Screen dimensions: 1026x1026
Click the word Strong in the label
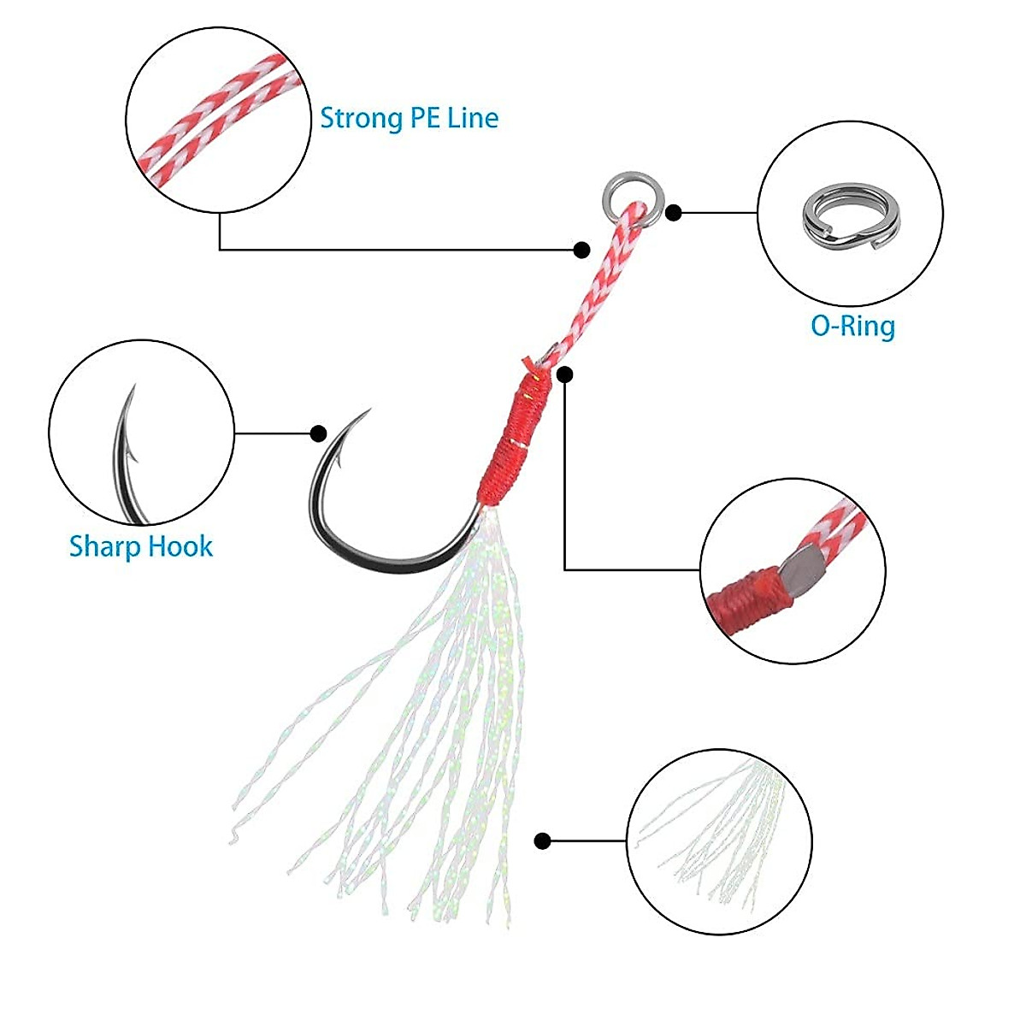(x=355, y=118)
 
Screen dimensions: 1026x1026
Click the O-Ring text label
(x=852, y=326)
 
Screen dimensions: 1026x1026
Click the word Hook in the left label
(x=180, y=546)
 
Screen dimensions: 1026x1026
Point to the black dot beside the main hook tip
(x=318, y=433)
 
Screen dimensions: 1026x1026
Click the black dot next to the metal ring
(x=674, y=212)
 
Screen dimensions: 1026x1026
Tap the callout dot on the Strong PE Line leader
(x=581, y=250)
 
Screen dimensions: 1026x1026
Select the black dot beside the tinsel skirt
(x=541, y=841)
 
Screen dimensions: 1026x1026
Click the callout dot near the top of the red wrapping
(x=565, y=374)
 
